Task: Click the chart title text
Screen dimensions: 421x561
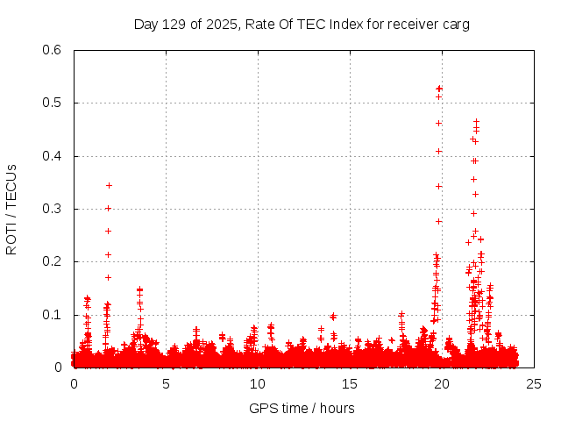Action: pyautogui.click(x=302, y=25)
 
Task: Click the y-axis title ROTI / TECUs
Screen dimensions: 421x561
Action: pyautogui.click(x=11, y=210)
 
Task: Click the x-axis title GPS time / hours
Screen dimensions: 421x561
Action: pyautogui.click(x=302, y=408)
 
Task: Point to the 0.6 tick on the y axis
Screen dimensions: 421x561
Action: pyautogui.click(x=55, y=50)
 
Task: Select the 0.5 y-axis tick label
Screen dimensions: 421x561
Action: pyautogui.click(x=55, y=103)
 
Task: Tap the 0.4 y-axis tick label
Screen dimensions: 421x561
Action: pyautogui.click(x=55, y=156)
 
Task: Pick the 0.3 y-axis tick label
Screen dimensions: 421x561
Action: pyautogui.click(x=55, y=209)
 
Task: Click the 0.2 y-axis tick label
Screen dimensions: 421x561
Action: pyautogui.click(x=55, y=261)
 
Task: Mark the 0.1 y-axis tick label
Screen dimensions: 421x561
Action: pyautogui.click(x=55, y=314)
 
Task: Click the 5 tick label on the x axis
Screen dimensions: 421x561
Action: pyautogui.click(x=166, y=384)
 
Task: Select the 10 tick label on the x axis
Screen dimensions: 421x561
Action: pyautogui.click(x=258, y=384)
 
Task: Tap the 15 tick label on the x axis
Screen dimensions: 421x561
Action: pyautogui.click(x=350, y=384)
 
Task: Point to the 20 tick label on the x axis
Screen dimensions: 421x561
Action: pyautogui.click(x=442, y=384)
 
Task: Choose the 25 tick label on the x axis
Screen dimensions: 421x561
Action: pyautogui.click(x=534, y=384)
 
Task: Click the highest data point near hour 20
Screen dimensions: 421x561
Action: pyautogui.click(x=439, y=89)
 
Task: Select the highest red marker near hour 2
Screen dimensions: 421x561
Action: pyautogui.click(x=109, y=185)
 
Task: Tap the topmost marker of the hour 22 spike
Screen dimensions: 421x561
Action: pyautogui.click(x=476, y=122)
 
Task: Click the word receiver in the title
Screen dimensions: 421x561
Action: pyautogui.click(x=410, y=25)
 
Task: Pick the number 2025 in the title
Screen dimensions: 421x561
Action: pyautogui.click(x=222, y=25)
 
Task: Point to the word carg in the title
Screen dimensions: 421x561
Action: pyautogui.click(x=456, y=25)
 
